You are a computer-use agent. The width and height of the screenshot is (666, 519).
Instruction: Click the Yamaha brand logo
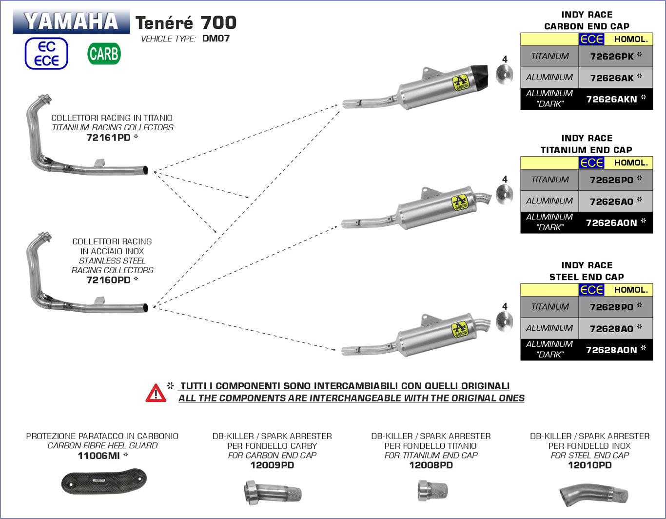71,21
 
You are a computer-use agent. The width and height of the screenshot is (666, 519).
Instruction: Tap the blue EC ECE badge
46,54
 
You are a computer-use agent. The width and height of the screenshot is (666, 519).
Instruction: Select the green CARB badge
104,54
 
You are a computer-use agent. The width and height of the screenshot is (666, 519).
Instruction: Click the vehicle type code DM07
215,39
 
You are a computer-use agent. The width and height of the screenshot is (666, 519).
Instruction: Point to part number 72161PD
108,138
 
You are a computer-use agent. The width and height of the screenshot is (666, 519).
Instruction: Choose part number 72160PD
108,280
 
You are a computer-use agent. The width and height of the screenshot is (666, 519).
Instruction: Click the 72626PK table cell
615,56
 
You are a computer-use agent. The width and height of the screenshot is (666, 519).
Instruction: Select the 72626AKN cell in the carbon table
615,99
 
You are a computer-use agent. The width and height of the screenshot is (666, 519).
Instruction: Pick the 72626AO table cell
615,201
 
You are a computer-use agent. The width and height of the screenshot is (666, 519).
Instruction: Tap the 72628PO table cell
615,307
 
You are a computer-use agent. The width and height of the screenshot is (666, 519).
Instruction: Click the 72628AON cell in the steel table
615,350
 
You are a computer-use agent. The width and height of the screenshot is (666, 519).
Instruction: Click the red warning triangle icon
156,393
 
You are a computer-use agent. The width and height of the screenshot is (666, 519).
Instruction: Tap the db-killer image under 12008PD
430,491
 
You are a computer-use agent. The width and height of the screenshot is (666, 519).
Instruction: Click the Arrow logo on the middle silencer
459,202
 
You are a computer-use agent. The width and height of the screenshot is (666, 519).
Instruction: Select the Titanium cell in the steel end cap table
550,307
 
